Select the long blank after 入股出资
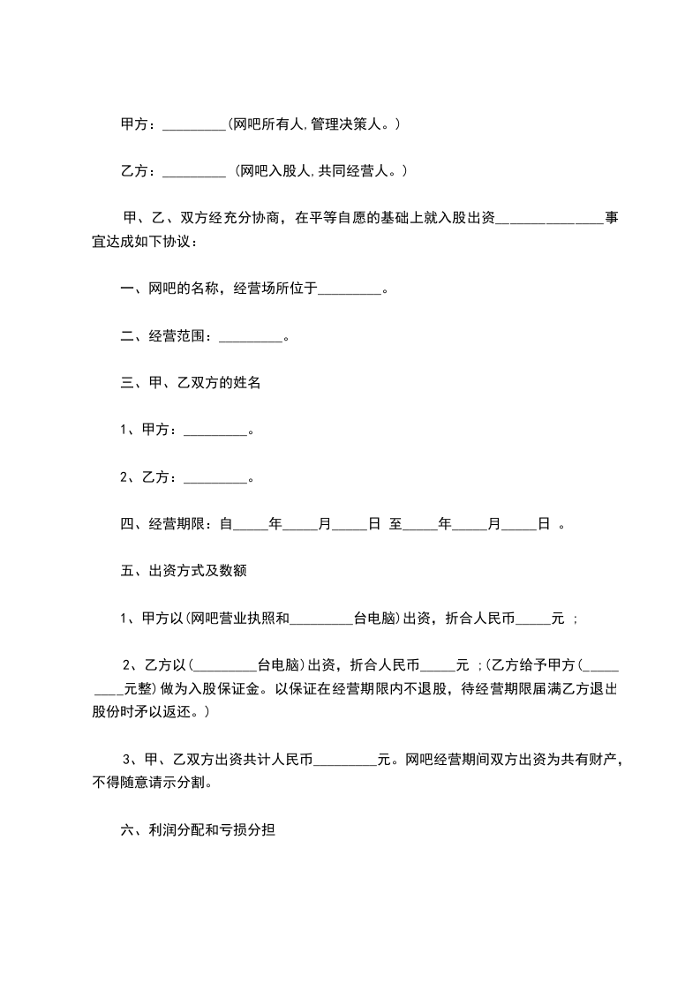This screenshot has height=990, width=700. pyautogui.click(x=550, y=219)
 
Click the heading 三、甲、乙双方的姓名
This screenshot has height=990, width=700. pyautogui.click(x=190, y=383)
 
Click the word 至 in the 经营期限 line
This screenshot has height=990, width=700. pyautogui.click(x=396, y=524)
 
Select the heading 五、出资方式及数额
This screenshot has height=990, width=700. pyautogui.click(x=183, y=571)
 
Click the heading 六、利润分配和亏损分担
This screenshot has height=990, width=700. pyautogui.click(x=199, y=830)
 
